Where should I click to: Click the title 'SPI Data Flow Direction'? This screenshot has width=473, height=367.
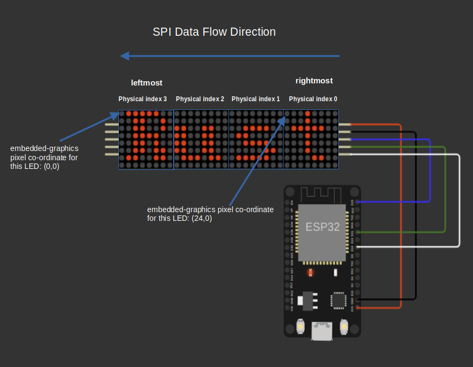tap(214, 32)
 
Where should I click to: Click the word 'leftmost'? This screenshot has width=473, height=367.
tap(147, 83)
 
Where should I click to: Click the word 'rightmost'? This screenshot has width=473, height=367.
tap(314, 81)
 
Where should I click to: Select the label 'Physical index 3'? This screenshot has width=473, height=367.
tap(143, 99)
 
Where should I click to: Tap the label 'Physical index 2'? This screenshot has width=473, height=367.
tap(200, 99)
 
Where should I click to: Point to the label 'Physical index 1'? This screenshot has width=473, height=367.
tap(255, 99)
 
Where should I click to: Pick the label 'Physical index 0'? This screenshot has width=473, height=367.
tap(313, 99)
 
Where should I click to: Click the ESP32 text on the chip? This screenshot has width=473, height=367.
tap(323, 227)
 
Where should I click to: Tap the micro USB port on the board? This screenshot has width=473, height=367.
tap(322, 331)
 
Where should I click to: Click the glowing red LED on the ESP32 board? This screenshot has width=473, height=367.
tap(310, 272)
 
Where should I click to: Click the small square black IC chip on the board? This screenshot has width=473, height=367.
tap(338, 300)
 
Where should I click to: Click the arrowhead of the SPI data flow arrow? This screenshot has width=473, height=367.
tap(124, 56)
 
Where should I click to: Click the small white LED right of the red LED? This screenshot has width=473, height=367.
tap(336, 272)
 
